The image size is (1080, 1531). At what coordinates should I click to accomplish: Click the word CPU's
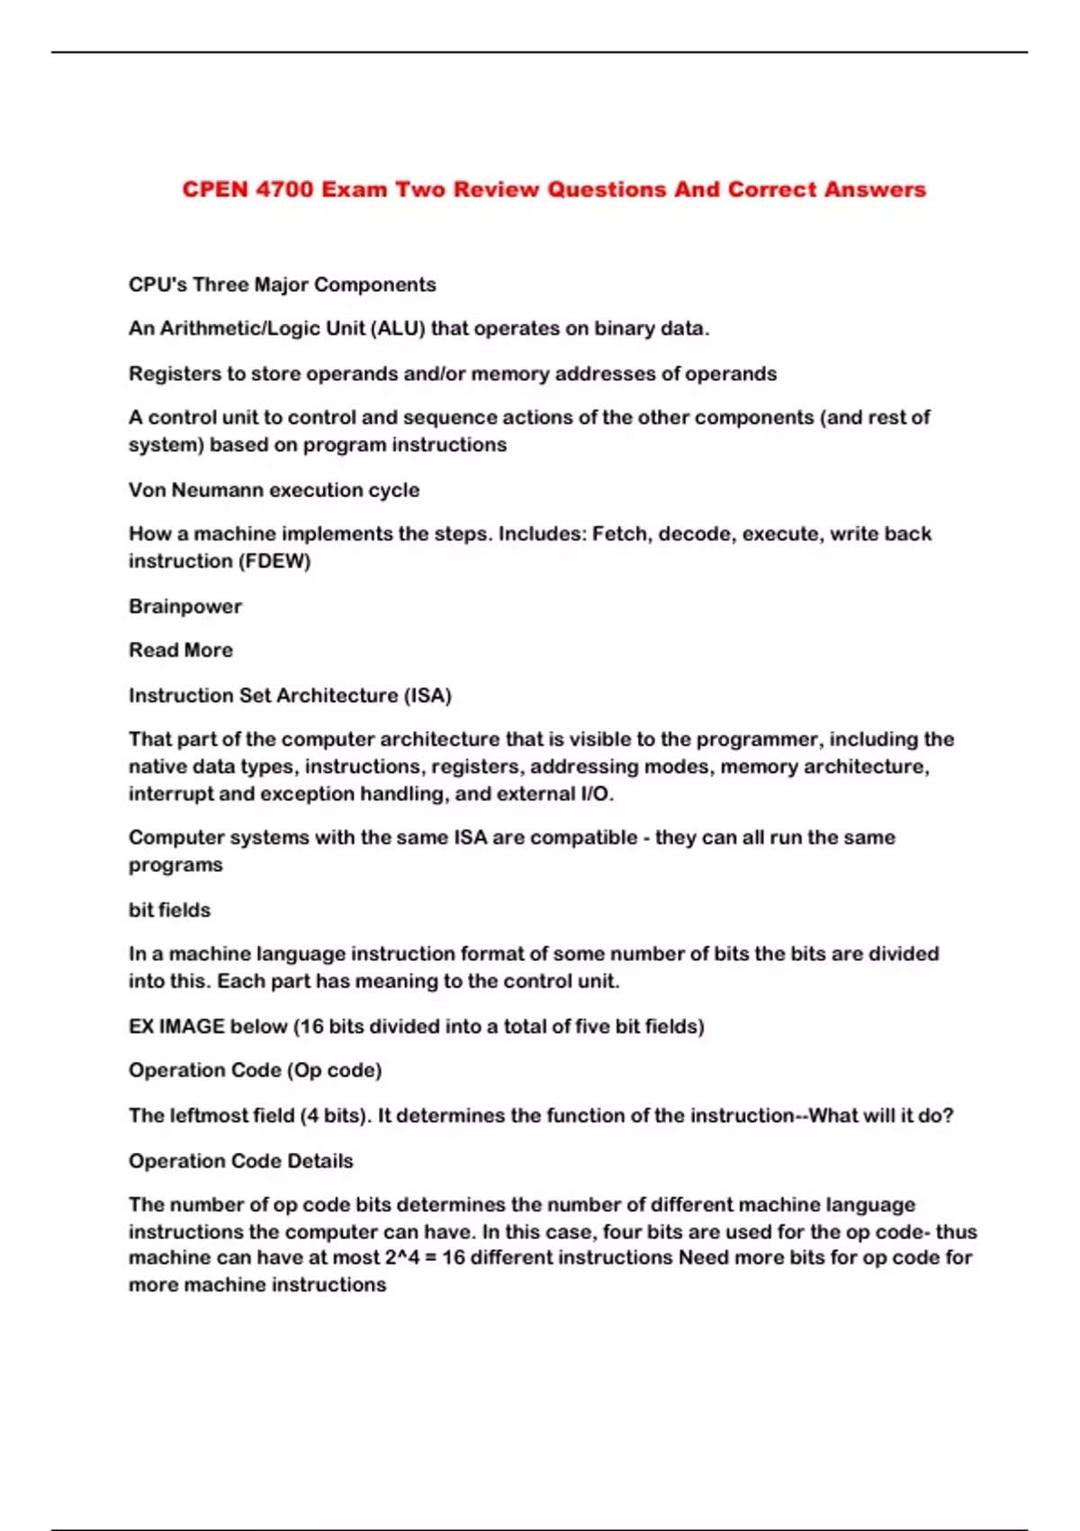[157, 285]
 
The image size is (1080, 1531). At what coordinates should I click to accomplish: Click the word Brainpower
[185, 606]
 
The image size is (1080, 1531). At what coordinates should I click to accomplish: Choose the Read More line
[181, 650]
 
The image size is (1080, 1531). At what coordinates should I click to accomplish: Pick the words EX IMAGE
[176, 1027]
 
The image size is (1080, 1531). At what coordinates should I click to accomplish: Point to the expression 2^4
[402, 1257]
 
